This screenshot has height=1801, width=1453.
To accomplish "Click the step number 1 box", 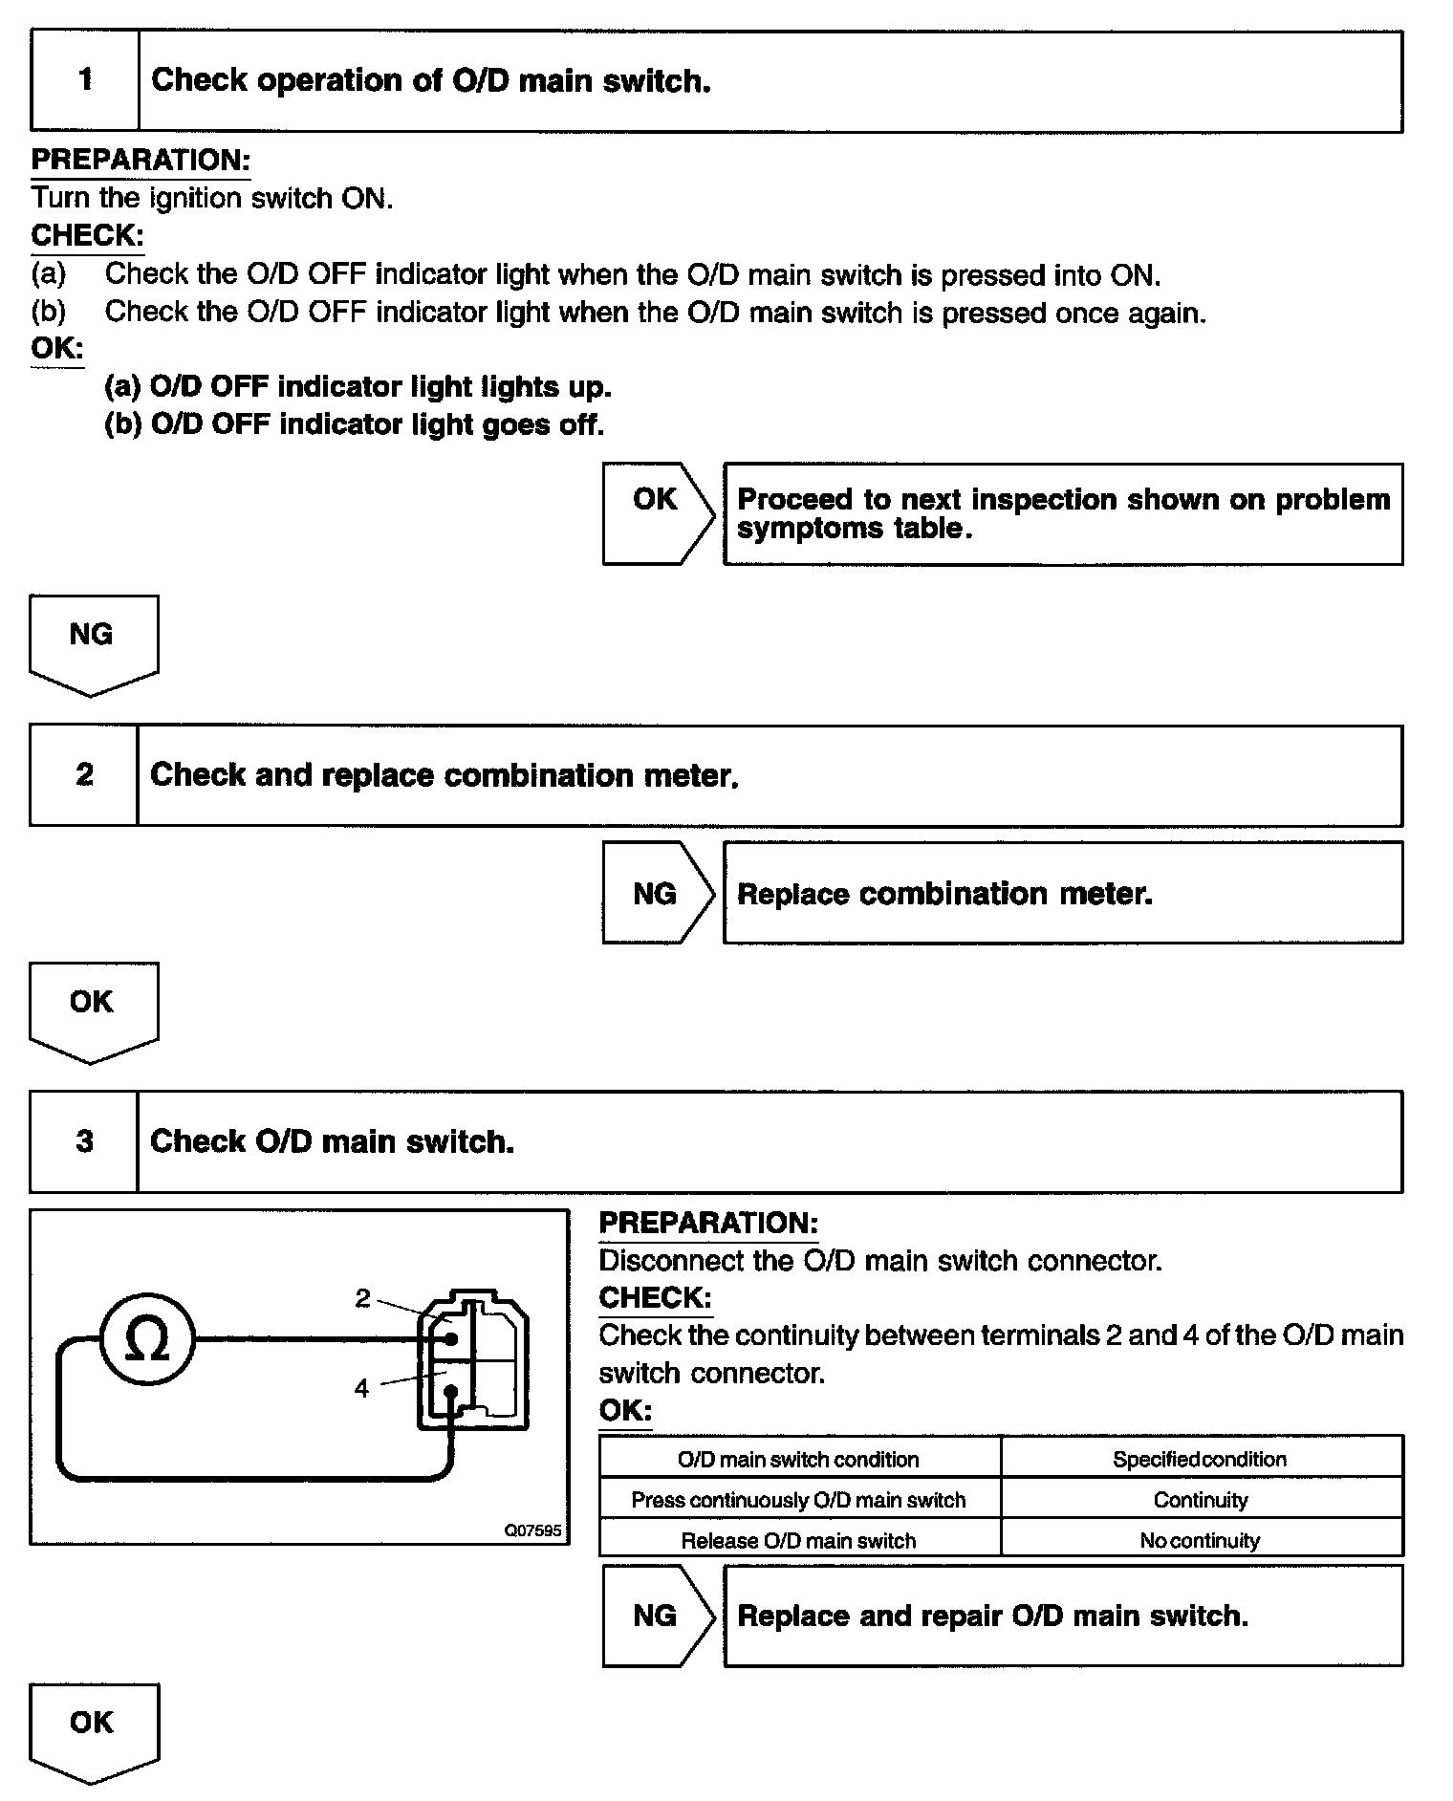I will (85, 80).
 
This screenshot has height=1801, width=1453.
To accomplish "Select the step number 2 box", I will (84, 774).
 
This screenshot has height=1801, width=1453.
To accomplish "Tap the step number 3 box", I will (84, 1141).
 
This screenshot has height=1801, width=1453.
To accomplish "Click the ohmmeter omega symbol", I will (147, 1338).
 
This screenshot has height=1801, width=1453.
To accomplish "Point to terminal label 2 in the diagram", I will (362, 1298).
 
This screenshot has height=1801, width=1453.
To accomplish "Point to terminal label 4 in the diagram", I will (361, 1388).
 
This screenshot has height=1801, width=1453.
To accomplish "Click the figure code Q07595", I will (532, 1530).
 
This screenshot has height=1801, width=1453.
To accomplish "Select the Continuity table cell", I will (1201, 1500).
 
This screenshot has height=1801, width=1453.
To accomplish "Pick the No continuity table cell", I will (1201, 1540).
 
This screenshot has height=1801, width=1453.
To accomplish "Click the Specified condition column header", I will (1201, 1459).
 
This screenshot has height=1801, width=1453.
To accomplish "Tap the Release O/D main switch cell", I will (799, 1540).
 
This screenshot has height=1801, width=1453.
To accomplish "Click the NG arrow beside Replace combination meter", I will (656, 893).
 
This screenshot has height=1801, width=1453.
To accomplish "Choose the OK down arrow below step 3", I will (93, 1731).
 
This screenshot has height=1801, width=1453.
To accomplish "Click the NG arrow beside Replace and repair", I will (656, 1616).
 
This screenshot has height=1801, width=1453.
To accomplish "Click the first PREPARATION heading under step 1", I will (141, 160).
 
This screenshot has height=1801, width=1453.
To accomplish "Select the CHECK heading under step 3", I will (655, 1297).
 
